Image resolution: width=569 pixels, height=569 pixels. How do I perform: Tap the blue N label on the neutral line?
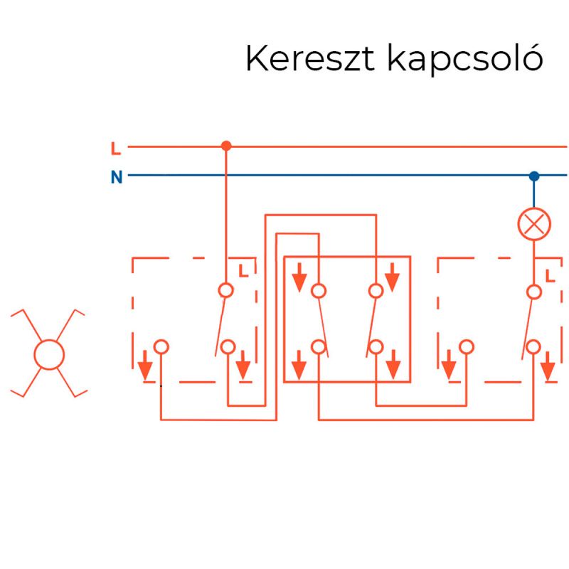116,177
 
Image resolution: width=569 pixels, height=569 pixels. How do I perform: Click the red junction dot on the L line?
226,146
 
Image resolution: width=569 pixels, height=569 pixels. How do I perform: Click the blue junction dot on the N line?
534,176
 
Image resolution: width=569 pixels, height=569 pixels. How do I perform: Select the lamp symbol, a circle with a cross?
534,225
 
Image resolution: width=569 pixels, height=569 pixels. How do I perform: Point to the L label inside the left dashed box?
243,270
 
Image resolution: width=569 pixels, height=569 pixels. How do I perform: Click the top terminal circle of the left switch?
226,290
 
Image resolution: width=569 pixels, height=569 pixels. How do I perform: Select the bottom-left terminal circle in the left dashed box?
161,347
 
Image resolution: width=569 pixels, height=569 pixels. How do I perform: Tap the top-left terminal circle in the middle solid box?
319,290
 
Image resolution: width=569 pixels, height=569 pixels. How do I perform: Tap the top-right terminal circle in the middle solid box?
376,290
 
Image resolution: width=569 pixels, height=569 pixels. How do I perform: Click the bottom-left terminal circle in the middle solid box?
319,347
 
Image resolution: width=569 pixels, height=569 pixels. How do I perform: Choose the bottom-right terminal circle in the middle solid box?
376,347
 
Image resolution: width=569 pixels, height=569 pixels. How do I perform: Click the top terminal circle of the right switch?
534,291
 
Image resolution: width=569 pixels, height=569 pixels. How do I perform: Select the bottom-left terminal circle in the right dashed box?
467,347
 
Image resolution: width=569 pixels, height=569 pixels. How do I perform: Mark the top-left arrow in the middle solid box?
299,275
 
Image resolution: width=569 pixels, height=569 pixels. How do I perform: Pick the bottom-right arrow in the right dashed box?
548,367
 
